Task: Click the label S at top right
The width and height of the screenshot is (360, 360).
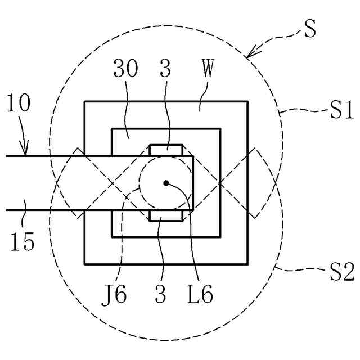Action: (309, 29)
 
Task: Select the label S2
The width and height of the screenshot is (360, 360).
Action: (341, 274)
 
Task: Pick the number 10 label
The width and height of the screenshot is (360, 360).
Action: (20, 104)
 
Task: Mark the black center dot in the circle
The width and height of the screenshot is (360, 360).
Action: (166, 182)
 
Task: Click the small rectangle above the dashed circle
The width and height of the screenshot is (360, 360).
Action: (166, 150)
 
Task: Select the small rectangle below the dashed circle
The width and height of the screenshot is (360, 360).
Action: (166, 215)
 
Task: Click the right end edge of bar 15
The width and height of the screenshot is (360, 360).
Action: (193, 183)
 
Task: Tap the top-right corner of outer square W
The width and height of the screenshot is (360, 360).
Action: (247, 102)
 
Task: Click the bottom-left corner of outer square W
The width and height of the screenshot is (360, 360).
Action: (85, 263)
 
